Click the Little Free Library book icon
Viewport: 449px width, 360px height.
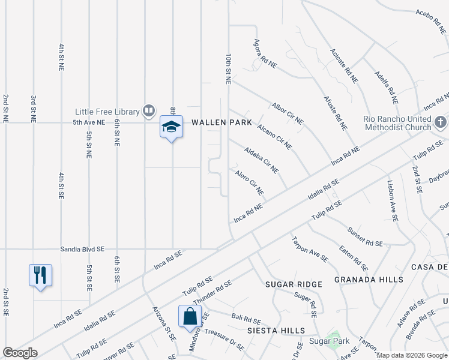coord(148,111)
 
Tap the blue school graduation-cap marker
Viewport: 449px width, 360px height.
coord(171,127)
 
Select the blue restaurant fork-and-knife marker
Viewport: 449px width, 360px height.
coord(40,275)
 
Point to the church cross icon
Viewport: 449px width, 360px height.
coord(441,123)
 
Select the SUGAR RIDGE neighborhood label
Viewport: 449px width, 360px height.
coord(294,284)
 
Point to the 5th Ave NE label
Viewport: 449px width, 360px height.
coord(89,122)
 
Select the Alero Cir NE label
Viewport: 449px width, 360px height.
coord(249,182)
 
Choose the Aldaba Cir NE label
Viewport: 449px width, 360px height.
coord(261,160)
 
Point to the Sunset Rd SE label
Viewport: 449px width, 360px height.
coord(365,236)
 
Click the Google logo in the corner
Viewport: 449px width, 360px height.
coord(20,353)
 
